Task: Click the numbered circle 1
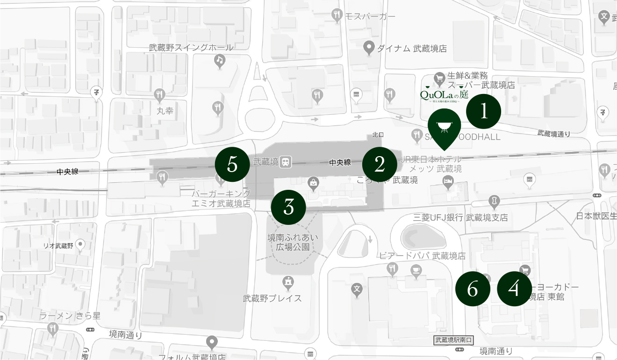483,111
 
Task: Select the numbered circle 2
380,164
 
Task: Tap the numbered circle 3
288,207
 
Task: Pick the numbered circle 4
514,289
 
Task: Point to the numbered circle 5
232,165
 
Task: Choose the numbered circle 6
473,289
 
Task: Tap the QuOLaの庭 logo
444,95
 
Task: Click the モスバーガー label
370,16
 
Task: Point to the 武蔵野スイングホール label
191,47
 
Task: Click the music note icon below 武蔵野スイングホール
219,60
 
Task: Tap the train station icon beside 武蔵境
286,162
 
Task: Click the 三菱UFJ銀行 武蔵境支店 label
460,217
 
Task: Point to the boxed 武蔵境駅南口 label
453,340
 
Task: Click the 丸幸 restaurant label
165,111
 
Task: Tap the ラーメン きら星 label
70,316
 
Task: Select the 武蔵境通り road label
554,134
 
